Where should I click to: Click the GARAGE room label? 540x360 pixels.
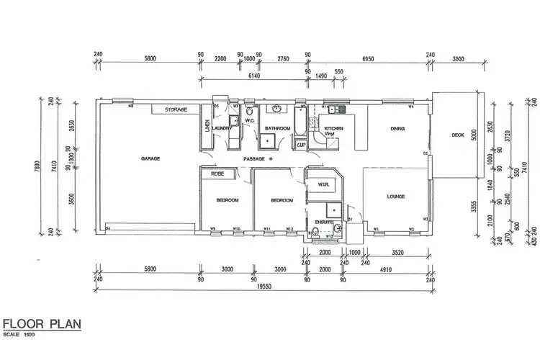click(150, 158)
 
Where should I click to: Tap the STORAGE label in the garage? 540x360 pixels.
click(176, 110)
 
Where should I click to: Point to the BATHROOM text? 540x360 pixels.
click(276, 129)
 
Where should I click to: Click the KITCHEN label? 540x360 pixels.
click(334, 129)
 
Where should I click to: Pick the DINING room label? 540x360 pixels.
click(397, 129)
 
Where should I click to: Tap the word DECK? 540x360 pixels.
click(458, 135)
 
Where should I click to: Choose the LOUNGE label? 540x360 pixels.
click(395, 196)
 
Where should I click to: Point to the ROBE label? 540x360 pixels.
click(215, 174)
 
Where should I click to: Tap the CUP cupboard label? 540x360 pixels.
click(301, 144)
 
